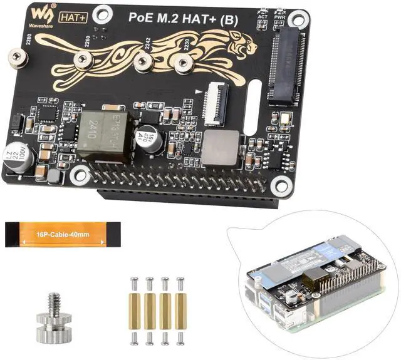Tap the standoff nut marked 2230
pyautogui.click(x=184, y=62)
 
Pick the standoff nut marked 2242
pyautogui.click(x=143, y=61)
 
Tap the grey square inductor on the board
pyautogui.click(x=221, y=147)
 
